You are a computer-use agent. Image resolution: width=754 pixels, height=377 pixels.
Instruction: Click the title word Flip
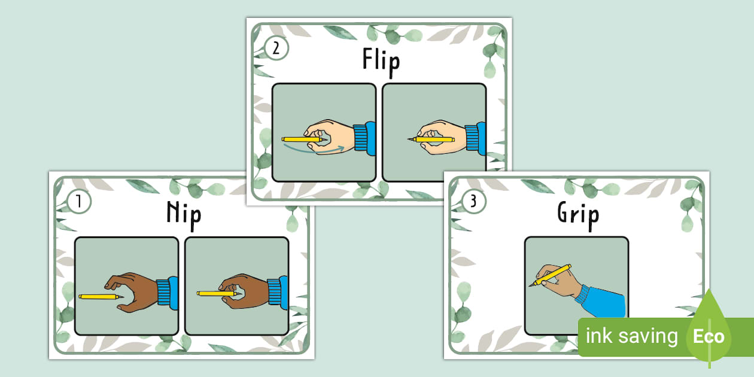pos(381,62)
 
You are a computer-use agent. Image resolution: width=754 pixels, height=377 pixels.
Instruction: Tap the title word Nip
pos(184,215)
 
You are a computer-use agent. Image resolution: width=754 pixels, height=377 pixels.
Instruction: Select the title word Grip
pos(578,215)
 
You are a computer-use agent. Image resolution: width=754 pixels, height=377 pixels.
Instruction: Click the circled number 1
pos(79,201)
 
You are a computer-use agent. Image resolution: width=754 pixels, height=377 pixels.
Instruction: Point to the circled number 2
pos(276,48)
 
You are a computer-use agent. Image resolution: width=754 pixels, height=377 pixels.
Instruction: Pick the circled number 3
pos(473,201)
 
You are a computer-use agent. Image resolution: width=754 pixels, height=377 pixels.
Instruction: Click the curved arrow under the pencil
pos(314,150)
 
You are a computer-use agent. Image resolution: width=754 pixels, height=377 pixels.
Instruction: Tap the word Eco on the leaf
pos(709,336)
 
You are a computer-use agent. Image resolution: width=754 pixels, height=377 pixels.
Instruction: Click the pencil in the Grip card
pos(550,275)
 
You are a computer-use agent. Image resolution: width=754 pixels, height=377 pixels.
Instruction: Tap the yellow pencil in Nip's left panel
pos(101,297)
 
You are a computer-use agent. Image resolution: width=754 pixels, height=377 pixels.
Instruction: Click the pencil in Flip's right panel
pos(431,139)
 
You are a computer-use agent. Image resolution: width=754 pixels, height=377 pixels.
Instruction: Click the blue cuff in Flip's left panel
pos(364,138)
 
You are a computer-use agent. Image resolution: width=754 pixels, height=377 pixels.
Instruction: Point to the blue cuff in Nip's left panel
pos(168,293)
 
